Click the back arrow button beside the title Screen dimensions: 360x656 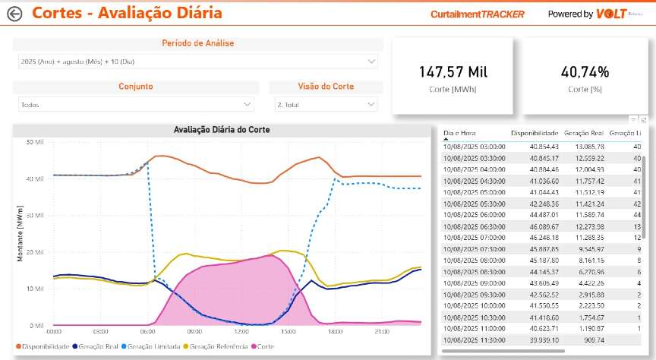tap(14, 13)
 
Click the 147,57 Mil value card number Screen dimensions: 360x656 tap(453, 72)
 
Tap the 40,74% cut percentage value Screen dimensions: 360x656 tap(585, 72)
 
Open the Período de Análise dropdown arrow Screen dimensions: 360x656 tap(371, 61)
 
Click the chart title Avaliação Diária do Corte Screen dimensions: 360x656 tap(222, 130)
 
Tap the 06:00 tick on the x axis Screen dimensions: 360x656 tap(147, 332)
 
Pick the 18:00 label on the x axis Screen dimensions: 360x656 tap(334, 332)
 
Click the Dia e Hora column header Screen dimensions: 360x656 tap(459, 133)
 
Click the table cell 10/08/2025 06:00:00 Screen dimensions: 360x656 tap(474, 215)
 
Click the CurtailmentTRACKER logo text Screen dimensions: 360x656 tap(477, 14)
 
